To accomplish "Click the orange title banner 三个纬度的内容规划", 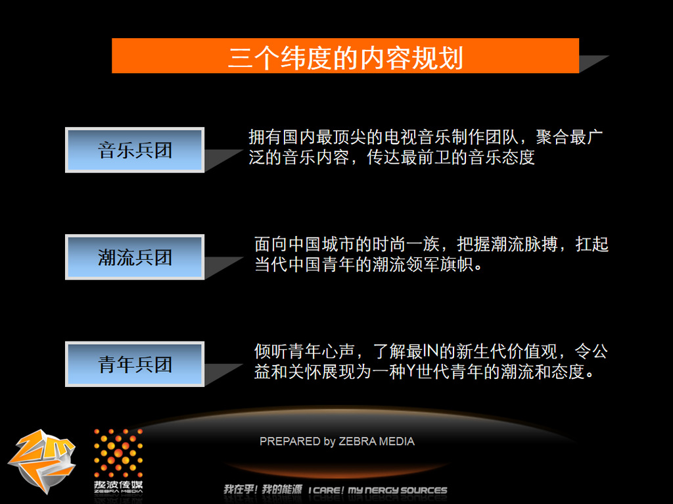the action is click(x=345, y=56).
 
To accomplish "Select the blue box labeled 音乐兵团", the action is click(x=134, y=150).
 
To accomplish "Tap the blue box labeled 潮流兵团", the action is click(x=134, y=257).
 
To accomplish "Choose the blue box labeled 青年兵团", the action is click(x=134, y=364).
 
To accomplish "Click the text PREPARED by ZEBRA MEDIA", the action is click(x=337, y=441).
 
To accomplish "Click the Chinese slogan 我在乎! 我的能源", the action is click(x=263, y=490).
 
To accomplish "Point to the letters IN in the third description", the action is click(x=430, y=351).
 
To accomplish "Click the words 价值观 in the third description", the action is click(x=532, y=351).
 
